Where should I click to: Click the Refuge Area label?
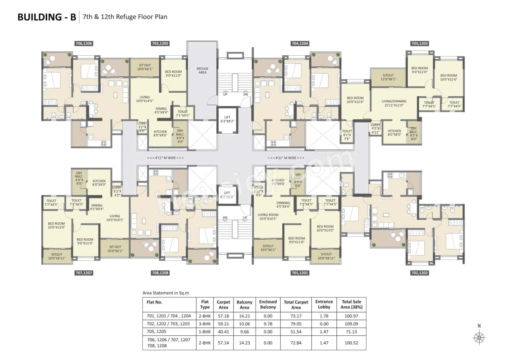(202, 71)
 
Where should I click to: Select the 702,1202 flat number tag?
(419, 273)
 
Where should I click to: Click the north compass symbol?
(479, 337)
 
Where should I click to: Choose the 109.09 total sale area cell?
(351, 323)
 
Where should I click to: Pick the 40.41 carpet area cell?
(223, 331)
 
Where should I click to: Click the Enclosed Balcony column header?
(268, 304)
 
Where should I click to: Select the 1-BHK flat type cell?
(204, 331)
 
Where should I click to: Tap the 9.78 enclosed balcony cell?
(268, 323)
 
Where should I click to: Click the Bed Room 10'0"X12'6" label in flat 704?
(355, 100)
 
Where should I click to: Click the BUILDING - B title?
(47, 18)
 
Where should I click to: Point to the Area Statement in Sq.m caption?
(165, 293)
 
